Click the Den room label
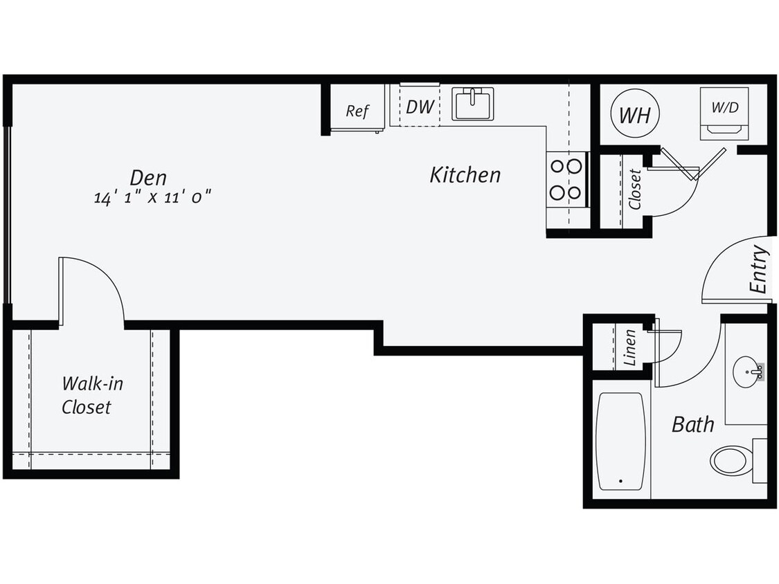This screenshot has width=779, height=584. point(148,177)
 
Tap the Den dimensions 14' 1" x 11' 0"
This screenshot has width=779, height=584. point(152,197)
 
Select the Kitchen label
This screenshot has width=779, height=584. point(465,175)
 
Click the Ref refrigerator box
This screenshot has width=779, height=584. point(357,110)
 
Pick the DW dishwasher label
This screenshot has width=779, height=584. point(420,107)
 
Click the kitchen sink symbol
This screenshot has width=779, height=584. point(473,104)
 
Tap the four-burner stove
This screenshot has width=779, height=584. point(566,179)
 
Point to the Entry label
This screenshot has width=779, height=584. point(759,269)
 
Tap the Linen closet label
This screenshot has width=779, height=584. point(629,347)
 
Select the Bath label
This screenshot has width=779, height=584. point(692,424)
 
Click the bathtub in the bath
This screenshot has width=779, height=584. point(620,441)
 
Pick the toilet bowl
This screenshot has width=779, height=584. point(730,459)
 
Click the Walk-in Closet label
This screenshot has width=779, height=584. point(87,395)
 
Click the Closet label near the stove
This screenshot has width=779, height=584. point(634,189)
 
